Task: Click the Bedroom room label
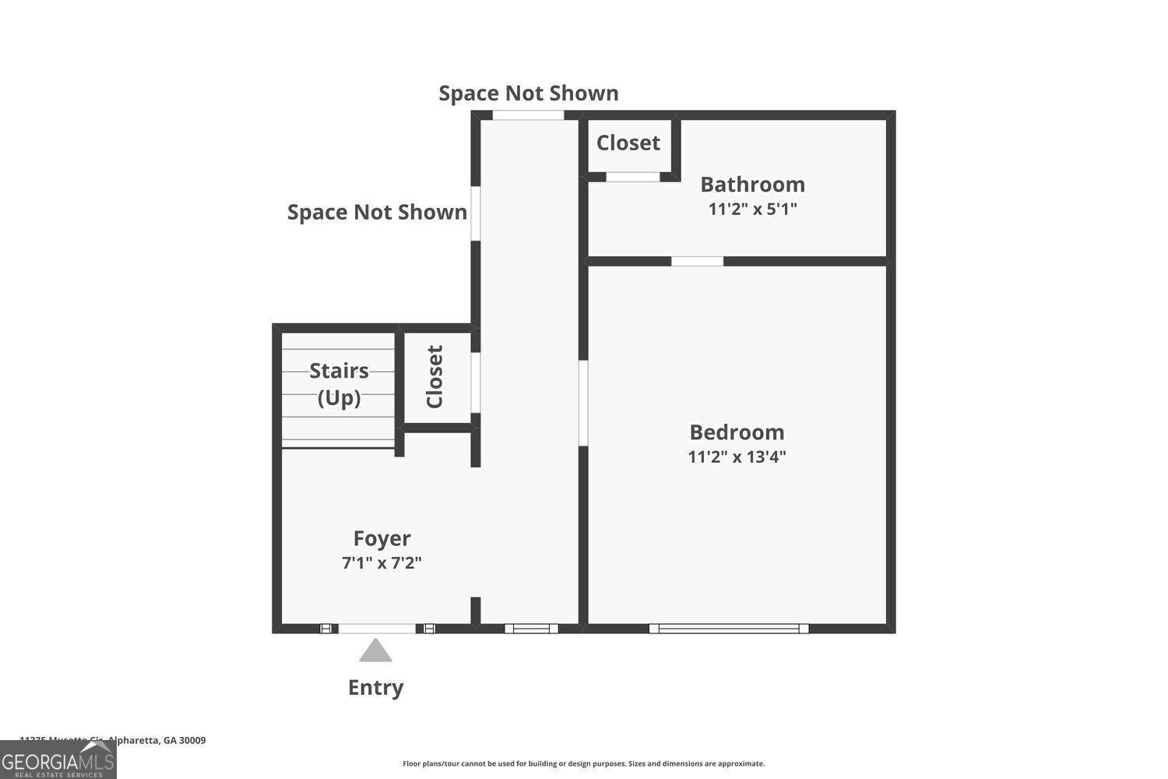(x=737, y=432)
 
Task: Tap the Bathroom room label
(x=752, y=185)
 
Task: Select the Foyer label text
(x=382, y=538)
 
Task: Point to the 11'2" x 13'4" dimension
(x=737, y=456)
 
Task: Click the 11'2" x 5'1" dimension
(x=752, y=209)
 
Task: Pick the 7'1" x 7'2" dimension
(x=382, y=562)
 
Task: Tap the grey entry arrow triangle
(x=375, y=650)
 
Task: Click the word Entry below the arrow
(x=375, y=687)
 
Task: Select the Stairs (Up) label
(x=339, y=383)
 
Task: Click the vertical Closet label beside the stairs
(x=434, y=376)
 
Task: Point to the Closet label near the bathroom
(x=628, y=143)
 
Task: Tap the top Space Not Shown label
(x=529, y=93)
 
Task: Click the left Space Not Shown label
(x=377, y=212)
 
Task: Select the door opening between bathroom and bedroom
(x=697, y=261)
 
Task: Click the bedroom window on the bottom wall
(x=729, y=628)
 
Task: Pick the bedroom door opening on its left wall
(x=582, y=403)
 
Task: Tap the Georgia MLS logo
(x=58, y=760)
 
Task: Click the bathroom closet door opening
(x=632, y=177)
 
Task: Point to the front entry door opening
(x=377, y=628)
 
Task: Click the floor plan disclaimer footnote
(x=583, y=763)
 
